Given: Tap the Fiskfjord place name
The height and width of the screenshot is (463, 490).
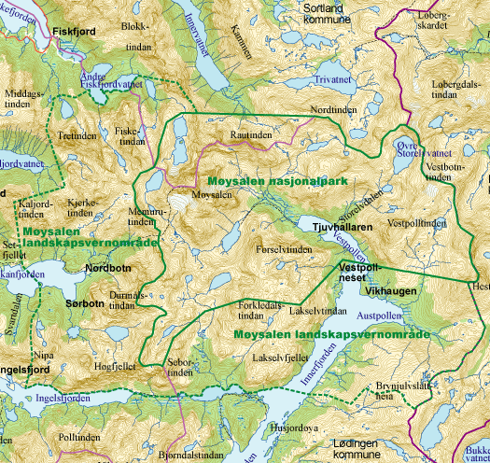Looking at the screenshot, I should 76,31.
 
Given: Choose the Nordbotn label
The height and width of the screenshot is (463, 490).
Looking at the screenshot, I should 107,268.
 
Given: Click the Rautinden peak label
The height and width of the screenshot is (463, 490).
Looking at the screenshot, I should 250,135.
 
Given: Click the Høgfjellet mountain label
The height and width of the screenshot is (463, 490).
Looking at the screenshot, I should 115,366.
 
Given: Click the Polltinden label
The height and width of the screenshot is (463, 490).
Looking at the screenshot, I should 77,437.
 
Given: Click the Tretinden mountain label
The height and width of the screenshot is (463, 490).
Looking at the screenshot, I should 77,135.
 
